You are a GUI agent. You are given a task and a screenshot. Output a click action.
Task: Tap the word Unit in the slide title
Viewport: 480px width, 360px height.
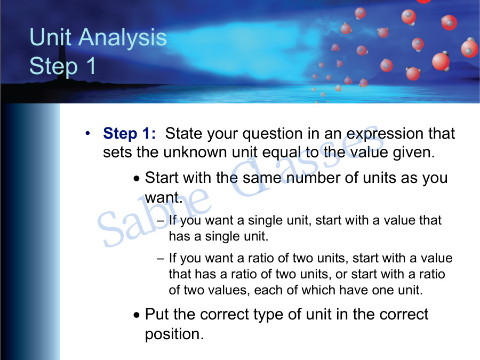point(47,38)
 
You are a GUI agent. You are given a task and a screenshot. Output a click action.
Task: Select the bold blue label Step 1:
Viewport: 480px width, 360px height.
point(129,133)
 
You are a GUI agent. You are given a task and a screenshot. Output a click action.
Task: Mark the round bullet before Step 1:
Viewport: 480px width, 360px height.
point(87,132)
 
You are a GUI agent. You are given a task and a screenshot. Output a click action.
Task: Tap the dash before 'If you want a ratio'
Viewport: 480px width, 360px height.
point(161,258)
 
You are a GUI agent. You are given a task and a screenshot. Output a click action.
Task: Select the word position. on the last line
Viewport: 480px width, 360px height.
point(174,334)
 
